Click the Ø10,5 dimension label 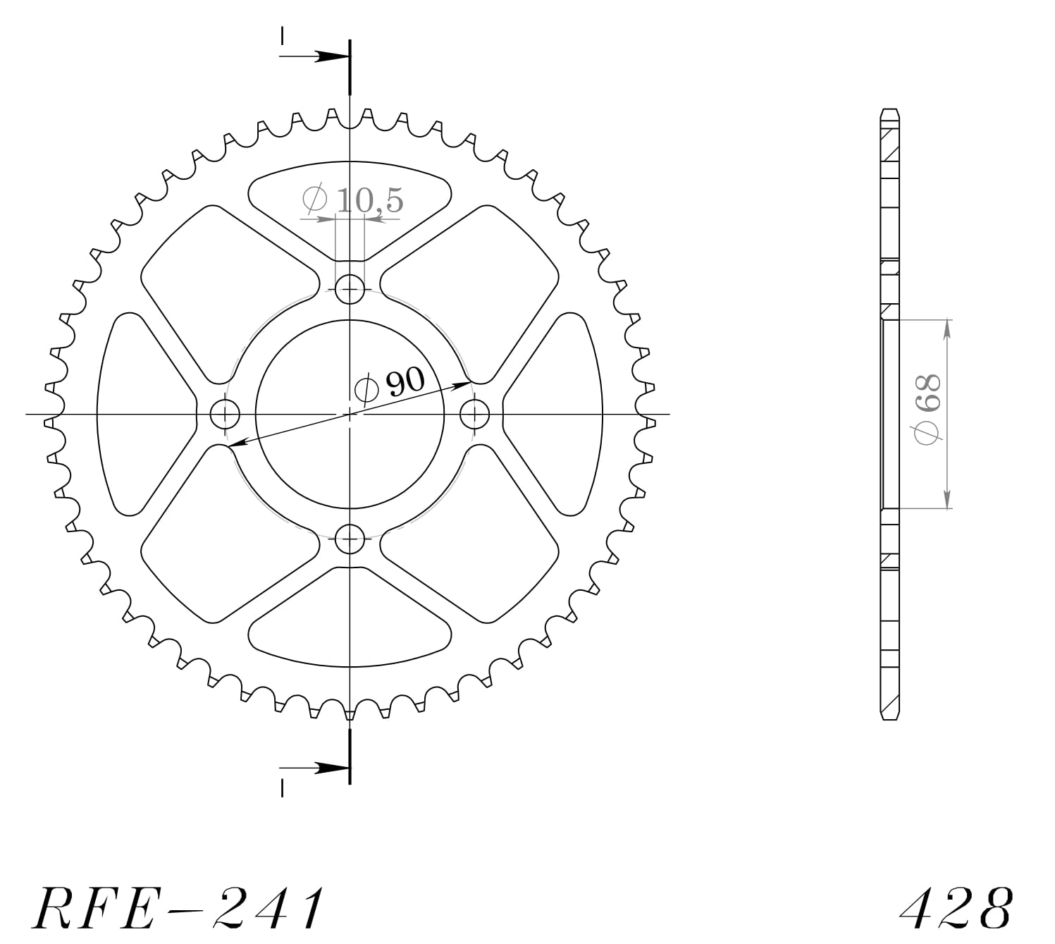pos(352,200)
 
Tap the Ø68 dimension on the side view pos(927,410)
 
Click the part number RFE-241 pos(179,907)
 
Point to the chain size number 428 pos(956,907)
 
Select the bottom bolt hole pos(350,540)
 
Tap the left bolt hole pos(226,414)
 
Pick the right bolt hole pos(475,414)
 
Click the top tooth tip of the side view pos(891,111)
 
